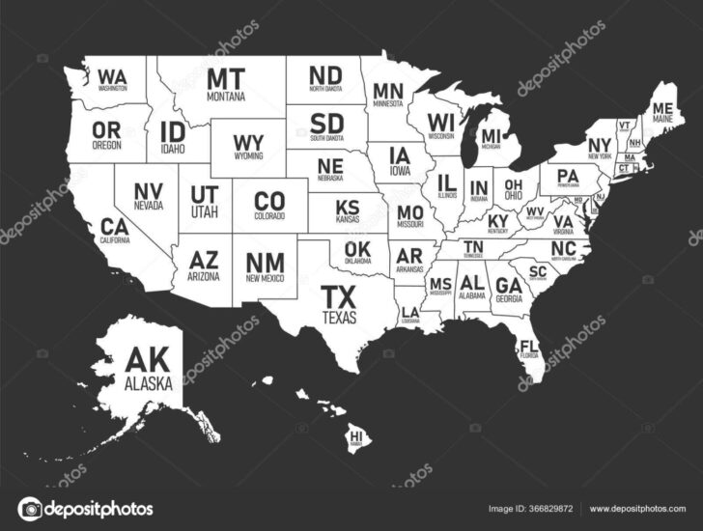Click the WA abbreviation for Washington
pos(113,74)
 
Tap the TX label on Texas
pos(339,295)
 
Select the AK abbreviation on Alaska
pos(147,362)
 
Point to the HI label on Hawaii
pos(356,437)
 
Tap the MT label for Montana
pos(225,78)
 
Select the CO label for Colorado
pos(269,200)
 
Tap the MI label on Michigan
pos(492,136)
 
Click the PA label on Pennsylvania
pos(567,175)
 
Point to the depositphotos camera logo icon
pos(30,508)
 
